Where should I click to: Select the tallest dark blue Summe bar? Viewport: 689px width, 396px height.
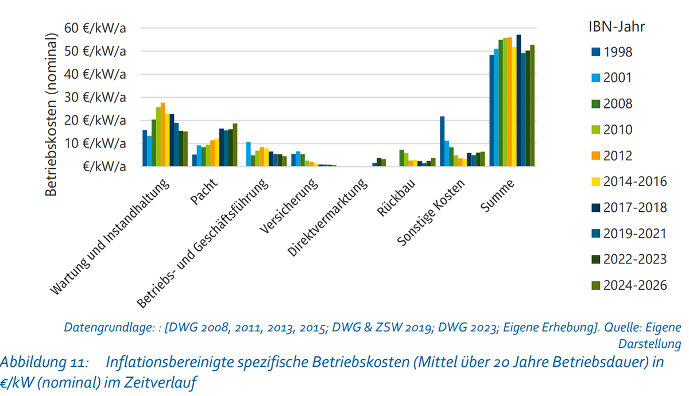click(x=518, y=100)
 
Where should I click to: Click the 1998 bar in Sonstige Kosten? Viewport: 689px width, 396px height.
click(x=442, y=141)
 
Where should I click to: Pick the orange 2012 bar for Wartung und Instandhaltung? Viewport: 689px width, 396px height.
click(x=162, y=134)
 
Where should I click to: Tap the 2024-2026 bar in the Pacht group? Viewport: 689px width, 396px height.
click(x=235, y=145)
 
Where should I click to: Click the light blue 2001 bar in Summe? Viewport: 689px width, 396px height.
click(x=496, y=107)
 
